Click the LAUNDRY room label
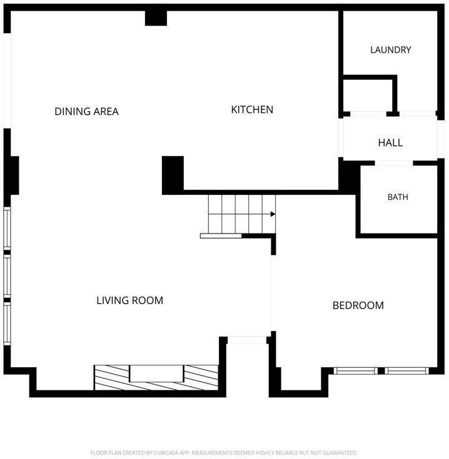(x=390, y=50)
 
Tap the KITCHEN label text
(x=252, y=109)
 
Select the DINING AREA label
(x=86, y=111)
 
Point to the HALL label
(x=390, y=143)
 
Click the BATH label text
(x=398, y=197)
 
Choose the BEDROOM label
(x=358, y=305)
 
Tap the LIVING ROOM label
(x=130, y=300)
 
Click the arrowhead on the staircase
(x=273, y=214)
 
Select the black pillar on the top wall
(x=156, y=18)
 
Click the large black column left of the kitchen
(x=173, y=175)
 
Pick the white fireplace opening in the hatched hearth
(x=156, y=373)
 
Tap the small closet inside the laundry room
(x=368, y=95)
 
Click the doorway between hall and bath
(x=394, y=163)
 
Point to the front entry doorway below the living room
(x=247, y=340)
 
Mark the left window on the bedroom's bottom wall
(x=356, y=371)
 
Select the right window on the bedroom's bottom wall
(x=406, y=371)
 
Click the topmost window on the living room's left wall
(x=7, y=229)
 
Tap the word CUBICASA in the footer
(x=167, y=453)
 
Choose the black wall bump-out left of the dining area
(x=11, y=175)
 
